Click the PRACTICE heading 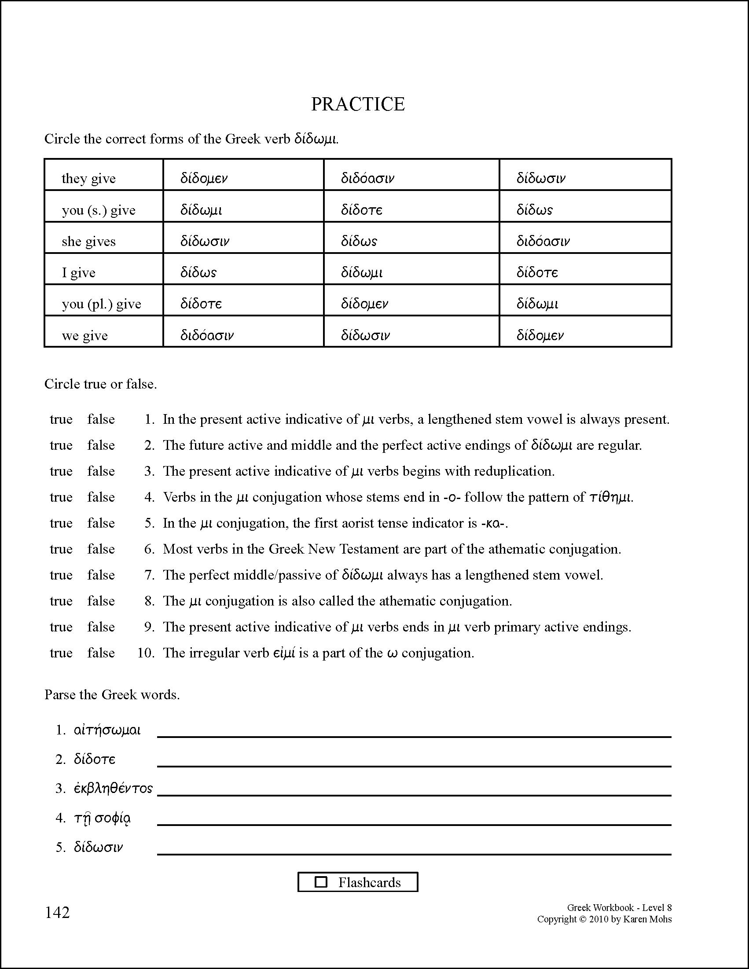coord(358,104)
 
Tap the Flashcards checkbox coord(320,882)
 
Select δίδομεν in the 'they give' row coord(204,178)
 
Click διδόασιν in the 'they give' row coord(367,178)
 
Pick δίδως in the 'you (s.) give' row coord(534,210)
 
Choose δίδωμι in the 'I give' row coord(362,272)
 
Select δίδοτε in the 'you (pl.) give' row coord(201,304)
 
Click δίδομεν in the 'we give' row coord(540,335)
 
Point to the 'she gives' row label coord(89,241)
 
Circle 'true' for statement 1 coord(61,419)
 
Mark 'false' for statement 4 coord(101,497)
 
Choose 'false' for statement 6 coord(101,549)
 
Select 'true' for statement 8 coord(61,601)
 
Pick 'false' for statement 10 coord(101,653)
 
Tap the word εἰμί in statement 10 coord(284,653)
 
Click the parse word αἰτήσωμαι coord(107,730)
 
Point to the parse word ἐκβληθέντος coord(113,789)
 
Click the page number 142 coord(57,913)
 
